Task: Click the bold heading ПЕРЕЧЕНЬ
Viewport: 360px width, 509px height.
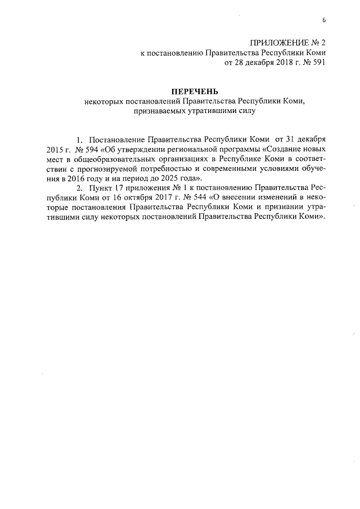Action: coord(193,91)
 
